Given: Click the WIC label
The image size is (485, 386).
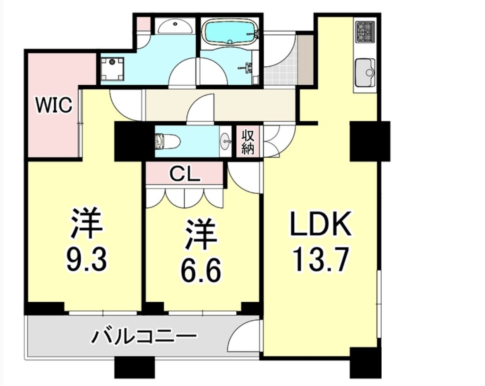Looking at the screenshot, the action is pyautogui.click(x=54, y=105).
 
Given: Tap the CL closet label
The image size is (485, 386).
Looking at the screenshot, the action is pyautogui.click(x=184, y=174).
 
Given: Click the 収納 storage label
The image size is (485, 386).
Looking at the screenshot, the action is pyautogui.click(x=248, y=142).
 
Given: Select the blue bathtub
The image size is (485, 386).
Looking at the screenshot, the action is pyautogui.click(x=230, y=32).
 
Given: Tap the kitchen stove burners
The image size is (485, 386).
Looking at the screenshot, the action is pyautogui.click(x=365, y=32).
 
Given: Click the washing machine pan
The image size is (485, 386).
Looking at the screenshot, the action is pyautogui.click(x=112, y=69).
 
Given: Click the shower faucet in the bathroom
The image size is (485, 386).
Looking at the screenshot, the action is pyautogui.click(x=247, y=67).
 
